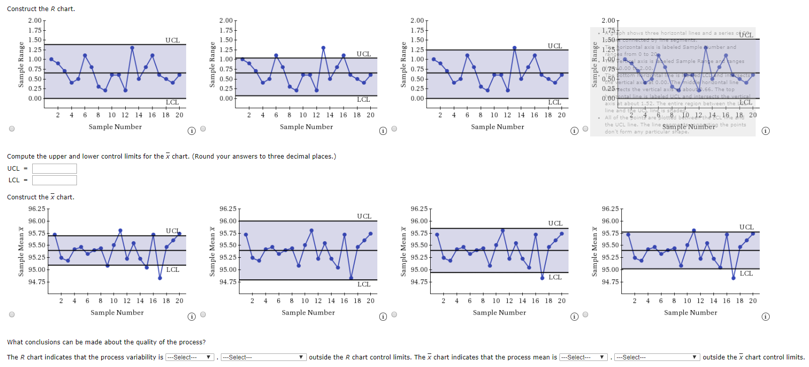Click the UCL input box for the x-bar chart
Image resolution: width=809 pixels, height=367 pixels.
point(54,169)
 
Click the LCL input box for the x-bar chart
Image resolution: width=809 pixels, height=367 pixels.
point(54,180)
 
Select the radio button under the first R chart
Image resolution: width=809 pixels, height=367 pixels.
point(12,129)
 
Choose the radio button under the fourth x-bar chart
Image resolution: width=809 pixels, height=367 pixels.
point(585,315)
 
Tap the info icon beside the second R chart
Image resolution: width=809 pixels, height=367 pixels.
point(383,131)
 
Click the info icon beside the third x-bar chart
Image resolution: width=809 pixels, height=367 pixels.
point(574,317)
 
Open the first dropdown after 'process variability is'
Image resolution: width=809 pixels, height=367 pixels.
point(190,357)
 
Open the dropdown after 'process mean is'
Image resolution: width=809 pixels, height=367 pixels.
point(584,357)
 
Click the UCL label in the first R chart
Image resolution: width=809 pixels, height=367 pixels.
point(173,40)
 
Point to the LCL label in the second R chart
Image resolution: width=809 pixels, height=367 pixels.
point(363,100)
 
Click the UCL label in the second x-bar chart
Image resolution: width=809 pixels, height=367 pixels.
point(364,216)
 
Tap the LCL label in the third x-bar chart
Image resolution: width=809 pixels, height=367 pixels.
point(555,277)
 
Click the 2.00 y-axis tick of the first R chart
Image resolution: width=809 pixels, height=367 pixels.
point(35,21)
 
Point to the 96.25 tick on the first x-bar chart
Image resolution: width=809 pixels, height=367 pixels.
point(37,209)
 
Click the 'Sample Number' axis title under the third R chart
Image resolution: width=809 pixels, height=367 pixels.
point(497,127)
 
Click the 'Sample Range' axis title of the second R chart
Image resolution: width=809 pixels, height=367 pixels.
point(212,64)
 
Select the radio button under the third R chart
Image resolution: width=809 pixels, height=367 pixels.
point(394,129)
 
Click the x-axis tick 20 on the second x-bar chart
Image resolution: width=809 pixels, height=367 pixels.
point(370,301)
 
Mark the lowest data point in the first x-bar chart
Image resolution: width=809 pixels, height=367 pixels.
point(160,278)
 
